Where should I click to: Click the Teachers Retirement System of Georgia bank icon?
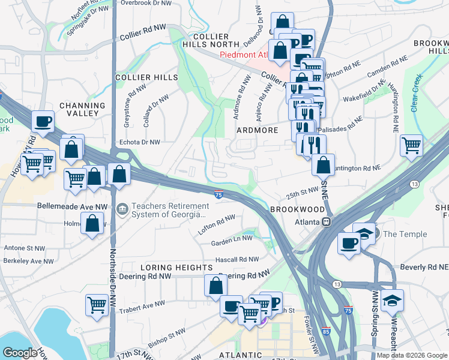[122, 209]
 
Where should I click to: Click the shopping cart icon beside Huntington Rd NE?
[411, 145]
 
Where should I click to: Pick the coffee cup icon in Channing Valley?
[43, 121]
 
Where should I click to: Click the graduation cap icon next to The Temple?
[364, 233]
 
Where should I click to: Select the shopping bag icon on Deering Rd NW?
[215, 285]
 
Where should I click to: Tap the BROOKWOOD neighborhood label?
[293, 209]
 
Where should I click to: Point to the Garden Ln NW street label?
[234, 243]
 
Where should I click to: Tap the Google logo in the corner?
[20, 353]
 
